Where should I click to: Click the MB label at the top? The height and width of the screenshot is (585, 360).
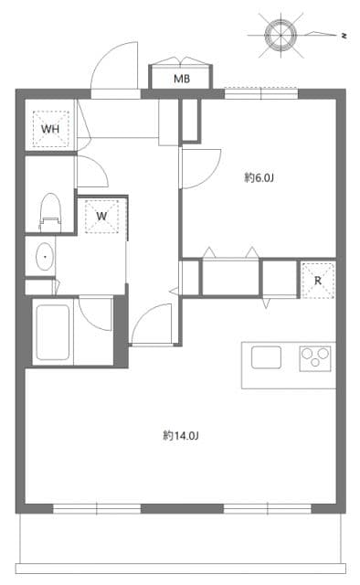tap(183, 79)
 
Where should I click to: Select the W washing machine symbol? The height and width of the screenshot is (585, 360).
tap(101, 217)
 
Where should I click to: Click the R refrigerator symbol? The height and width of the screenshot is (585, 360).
tap(317, 280)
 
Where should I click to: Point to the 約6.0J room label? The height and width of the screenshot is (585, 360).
tap(259, 177)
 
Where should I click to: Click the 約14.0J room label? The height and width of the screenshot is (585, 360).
tap(181, 435)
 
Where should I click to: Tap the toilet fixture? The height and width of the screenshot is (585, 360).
tap(48, 212)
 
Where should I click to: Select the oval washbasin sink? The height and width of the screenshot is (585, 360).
tap(43, 257)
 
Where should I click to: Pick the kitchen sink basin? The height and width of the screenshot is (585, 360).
tap(266, 357)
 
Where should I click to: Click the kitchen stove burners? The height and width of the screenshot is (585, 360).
tap(315, 357)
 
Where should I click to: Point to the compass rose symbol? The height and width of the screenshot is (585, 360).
tap(281, 34)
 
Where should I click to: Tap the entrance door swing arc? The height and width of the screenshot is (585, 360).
tap(114, 69)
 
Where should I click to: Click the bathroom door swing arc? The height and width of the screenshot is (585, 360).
tap(95, 315)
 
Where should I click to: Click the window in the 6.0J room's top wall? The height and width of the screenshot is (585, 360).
tap(261, 92)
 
